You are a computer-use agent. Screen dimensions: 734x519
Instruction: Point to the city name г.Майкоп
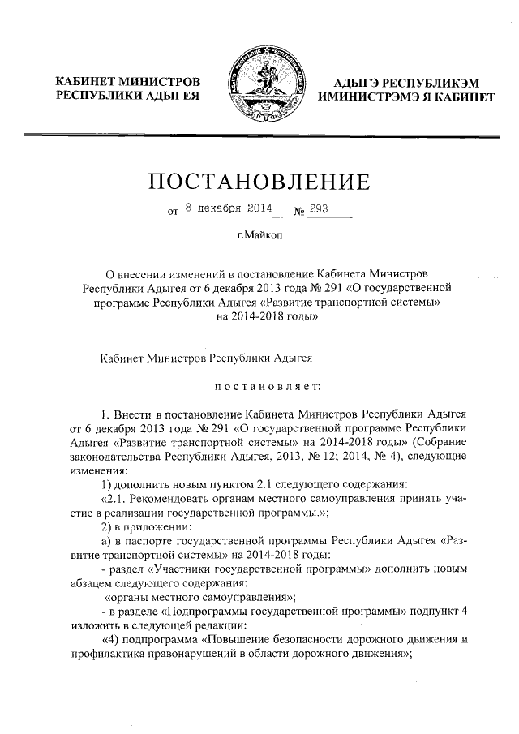pyautogui.click(x=259, y=237)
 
